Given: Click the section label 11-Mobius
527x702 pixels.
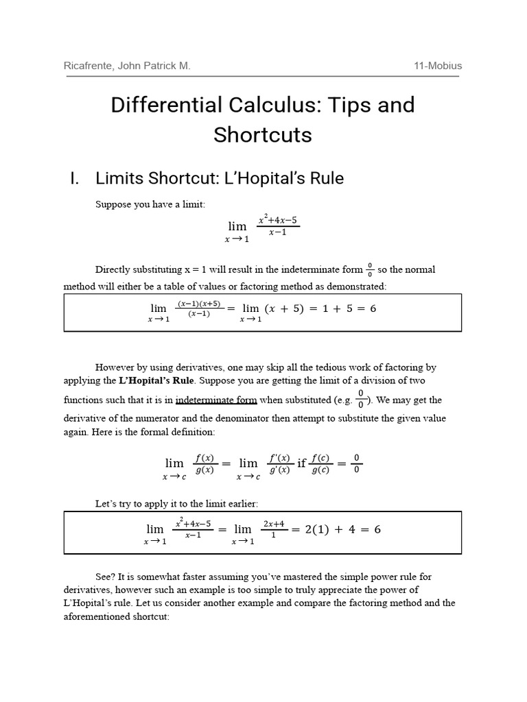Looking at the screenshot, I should coord(438,66).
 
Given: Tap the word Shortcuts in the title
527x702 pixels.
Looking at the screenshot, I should coord(262,134).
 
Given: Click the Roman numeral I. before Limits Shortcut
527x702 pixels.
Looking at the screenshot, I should coord(75,178).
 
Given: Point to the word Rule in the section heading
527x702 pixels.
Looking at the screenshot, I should coord(323,178).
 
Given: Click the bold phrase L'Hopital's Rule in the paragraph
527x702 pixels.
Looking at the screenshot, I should coord(157,380).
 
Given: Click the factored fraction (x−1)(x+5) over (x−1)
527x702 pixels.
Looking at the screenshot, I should coord(199,308).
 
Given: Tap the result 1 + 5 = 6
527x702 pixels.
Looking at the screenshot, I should coord(343,308).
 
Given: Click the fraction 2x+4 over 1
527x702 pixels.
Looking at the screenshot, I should coord(273,529).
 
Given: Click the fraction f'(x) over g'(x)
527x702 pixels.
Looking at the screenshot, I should coord(279,464).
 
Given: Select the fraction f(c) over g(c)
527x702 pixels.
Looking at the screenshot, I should coord(320,464).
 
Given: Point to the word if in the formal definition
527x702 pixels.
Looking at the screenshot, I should coord(301,464).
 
